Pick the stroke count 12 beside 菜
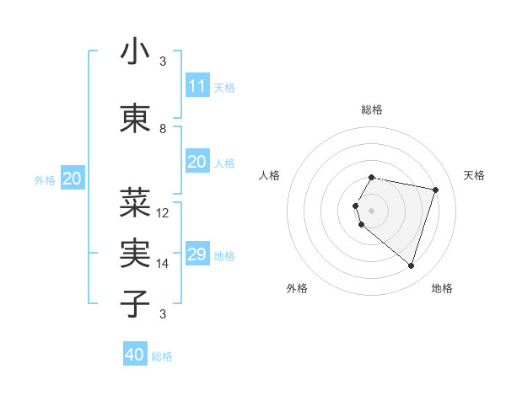pos(163,213)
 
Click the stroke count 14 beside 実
pos(163,264)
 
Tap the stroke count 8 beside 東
pos(163,129)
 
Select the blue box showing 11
pos(196,86)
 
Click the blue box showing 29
pos(196,254)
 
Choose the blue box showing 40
pos(135,355)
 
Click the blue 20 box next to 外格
pos(73,179)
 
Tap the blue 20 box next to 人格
pos(196,162)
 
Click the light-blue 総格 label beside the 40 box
pos(162,356)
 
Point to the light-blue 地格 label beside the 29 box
pos(224,256)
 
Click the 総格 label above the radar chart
pos(372,110)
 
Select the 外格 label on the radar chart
pos(297,288)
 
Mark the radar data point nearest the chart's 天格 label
pos(435,190)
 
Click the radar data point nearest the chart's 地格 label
pos(411,266)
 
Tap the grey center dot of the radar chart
pos(372,210)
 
